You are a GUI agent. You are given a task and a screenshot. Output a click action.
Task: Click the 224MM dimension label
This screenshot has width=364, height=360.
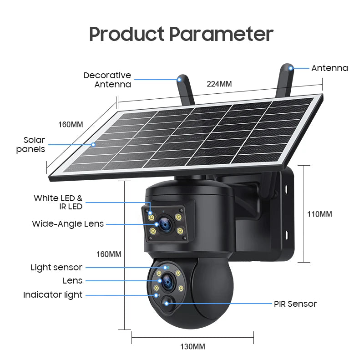point(219,84)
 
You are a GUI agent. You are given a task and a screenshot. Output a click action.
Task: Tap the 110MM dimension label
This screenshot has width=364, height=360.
point(319,214)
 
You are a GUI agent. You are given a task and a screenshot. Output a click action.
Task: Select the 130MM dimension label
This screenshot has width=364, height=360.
point(192,346)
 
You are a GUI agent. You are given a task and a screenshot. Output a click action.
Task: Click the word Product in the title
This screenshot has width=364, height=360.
point(127,34)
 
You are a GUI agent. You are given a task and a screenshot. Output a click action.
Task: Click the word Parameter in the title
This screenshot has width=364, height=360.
point(221,34)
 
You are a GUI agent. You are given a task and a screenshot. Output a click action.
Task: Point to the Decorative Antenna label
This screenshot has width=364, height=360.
point(107,80)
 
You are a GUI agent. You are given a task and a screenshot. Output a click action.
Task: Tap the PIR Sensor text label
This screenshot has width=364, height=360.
point(295,304)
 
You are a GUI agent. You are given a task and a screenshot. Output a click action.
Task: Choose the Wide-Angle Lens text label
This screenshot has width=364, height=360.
point(68,223)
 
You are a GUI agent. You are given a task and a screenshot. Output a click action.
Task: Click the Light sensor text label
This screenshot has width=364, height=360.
point(56,267)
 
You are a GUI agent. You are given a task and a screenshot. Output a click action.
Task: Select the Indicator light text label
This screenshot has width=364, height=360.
point(53,295)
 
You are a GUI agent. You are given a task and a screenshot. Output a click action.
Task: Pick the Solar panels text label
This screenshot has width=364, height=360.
point(30,144)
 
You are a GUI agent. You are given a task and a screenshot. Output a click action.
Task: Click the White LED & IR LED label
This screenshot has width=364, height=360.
point(58,202)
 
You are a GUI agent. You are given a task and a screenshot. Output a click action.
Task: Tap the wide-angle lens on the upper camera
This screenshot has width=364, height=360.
point(165,224)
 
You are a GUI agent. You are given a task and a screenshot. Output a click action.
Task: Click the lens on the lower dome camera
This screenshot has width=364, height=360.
point(167,282)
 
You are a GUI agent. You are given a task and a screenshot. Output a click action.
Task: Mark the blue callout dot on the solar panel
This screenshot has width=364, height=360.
point(93,144)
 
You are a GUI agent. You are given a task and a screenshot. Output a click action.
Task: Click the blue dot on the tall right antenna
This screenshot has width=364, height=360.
point(291,68)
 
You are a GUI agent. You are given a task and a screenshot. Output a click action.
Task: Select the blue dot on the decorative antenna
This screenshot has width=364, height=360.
point(179,80)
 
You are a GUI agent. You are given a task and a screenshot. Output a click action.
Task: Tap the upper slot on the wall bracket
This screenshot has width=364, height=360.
point(286,189)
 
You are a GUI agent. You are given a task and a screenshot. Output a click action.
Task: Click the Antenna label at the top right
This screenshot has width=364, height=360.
point(329,68)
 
